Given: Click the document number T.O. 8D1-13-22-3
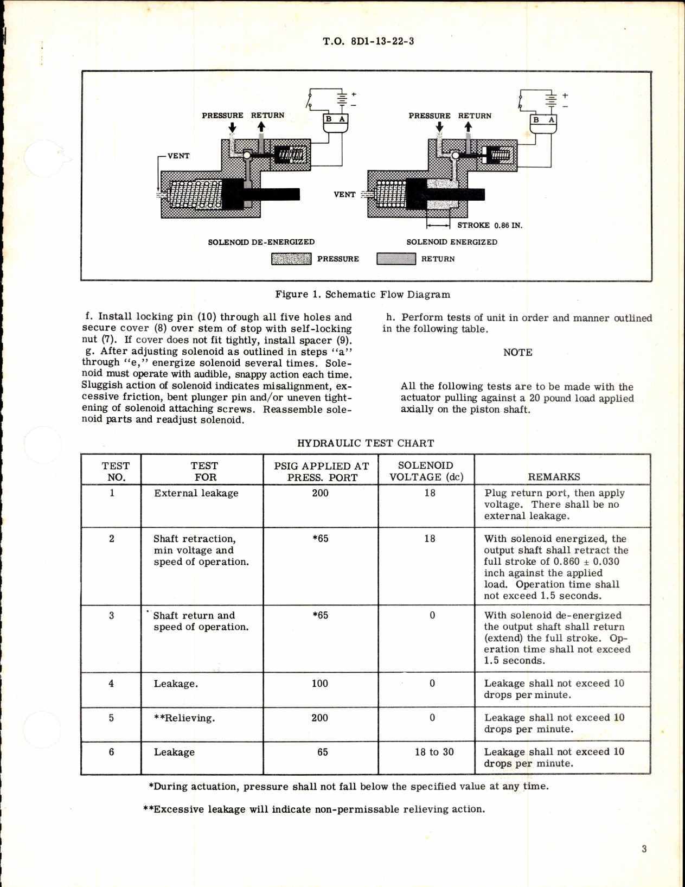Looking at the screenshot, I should (368, 41).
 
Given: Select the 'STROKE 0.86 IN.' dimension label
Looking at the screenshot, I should (489, 225).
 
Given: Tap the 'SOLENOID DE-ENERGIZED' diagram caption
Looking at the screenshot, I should (261, 242).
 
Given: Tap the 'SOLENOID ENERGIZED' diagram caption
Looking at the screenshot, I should (452, 242).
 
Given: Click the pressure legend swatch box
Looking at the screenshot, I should (291, 259).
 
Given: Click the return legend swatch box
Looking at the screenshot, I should (396, 259).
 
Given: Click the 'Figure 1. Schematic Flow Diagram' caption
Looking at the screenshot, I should (362, 295).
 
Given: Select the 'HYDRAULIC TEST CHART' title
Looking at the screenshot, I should (365, 443).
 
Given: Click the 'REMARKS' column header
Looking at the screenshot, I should (554, 477).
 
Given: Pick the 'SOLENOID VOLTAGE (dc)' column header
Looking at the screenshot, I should (426, 471).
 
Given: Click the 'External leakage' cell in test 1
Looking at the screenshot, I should (196, 493).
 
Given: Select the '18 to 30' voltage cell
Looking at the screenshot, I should (434, 752).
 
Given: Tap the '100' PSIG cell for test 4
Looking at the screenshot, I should (319, 684).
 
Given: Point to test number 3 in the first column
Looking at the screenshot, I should (112, 615).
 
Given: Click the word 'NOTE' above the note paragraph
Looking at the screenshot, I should (517, 353).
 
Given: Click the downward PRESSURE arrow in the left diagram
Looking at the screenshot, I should (232, 127).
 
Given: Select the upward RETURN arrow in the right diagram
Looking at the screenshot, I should (468, 127).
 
